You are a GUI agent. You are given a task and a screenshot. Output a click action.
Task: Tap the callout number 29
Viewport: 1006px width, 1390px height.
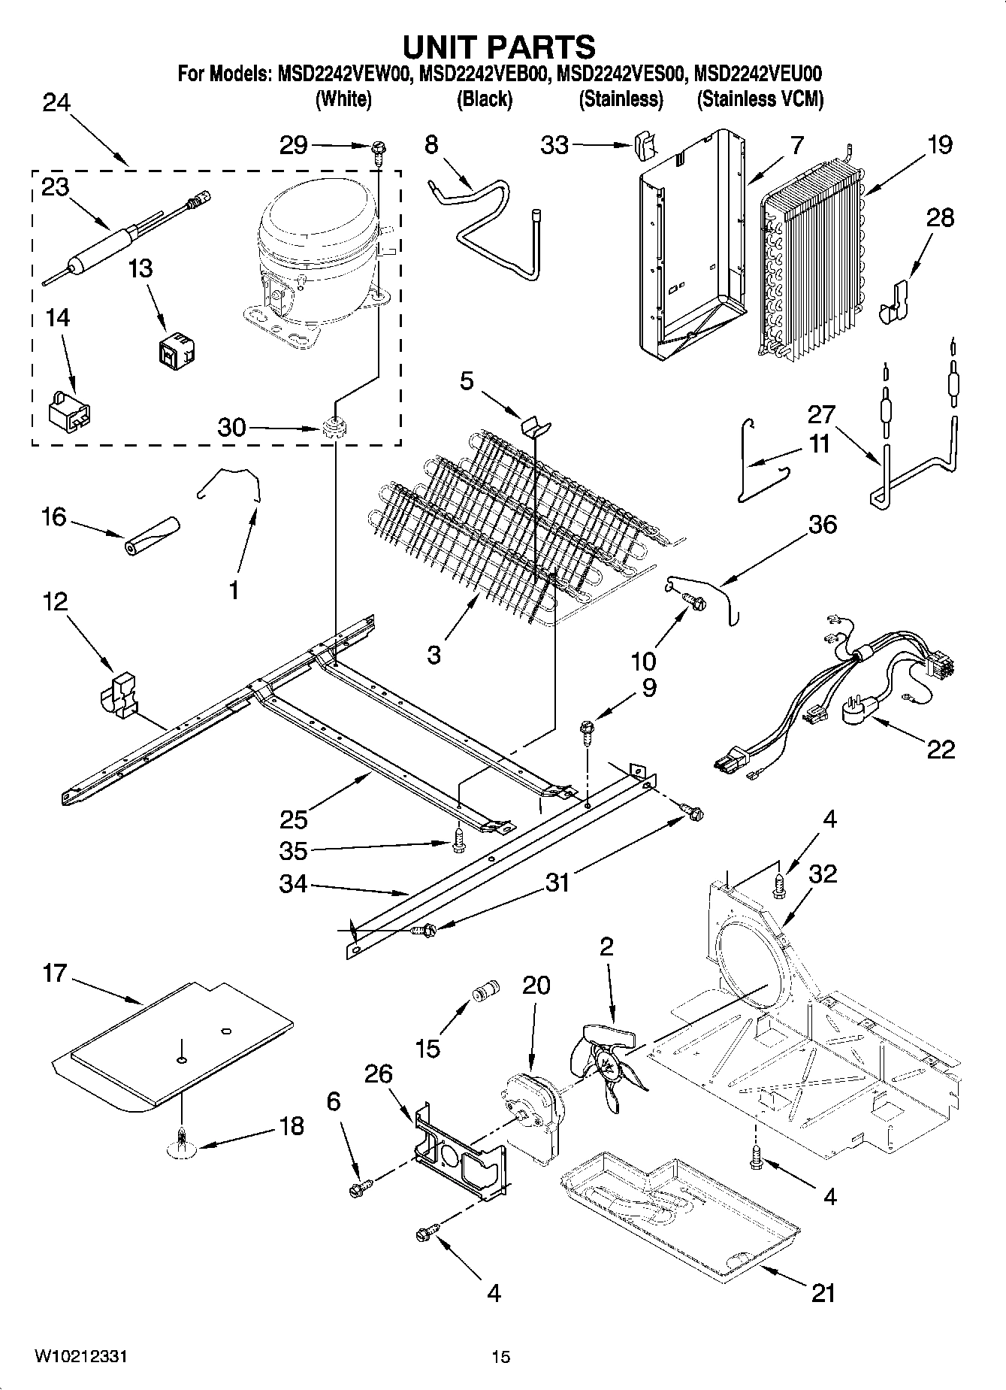pos(294,145)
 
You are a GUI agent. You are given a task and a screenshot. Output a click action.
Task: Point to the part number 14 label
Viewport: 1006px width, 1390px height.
pos(58,318)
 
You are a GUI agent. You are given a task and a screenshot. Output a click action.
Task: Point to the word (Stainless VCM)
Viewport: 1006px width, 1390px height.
pos(760,99)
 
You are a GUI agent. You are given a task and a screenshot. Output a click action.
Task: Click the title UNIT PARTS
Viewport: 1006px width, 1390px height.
pos(500,47)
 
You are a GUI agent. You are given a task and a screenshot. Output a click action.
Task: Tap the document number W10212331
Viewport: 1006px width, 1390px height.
pos(80,1356)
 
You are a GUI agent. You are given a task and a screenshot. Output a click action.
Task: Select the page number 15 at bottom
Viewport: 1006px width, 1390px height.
pos(501,1357)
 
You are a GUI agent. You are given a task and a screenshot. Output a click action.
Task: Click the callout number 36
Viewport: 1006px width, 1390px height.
pos(823,524)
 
